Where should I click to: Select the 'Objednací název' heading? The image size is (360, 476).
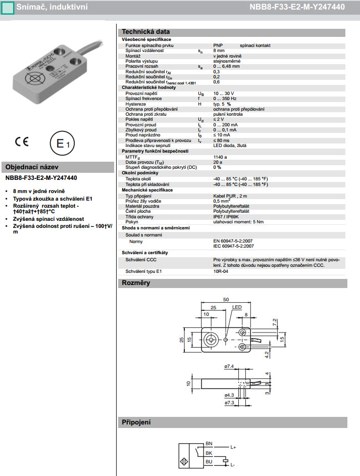pyautogui.click(x=32, y=167)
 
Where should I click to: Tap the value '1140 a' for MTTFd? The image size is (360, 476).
pyautogui.click(x=220, y=157)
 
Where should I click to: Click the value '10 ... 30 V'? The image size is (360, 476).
pyautogui.click(x=224, y=94)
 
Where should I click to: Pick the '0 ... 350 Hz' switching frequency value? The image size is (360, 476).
pyautogui.click(x=225, y=99)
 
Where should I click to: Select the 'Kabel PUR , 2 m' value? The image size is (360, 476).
pyautogui.click(x=231, y=196)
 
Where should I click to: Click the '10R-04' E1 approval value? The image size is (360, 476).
pyautogui.click(x=220, y=271)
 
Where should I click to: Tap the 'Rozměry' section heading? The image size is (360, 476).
pyautogui.click(x=136, y=283)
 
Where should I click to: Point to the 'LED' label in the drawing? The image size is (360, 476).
pyautogui.click(x=237, y=307)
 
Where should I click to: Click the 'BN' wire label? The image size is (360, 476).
pyautogui.click(x=209, y=444)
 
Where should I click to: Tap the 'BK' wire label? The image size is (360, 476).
pyautogui.click(x=209, y=453)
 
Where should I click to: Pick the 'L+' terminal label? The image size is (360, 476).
pyautogui.click(x=233, y=447)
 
